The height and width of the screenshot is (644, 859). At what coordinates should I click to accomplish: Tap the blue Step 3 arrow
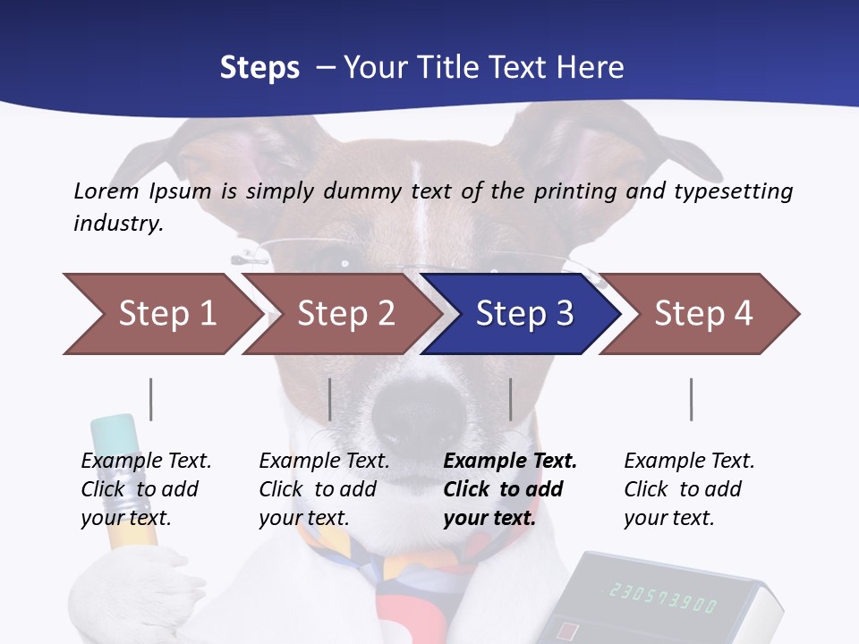coord(523,314)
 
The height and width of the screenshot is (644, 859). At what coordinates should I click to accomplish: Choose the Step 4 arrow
coord(702,314)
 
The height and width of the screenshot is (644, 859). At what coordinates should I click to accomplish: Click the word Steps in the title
coord(259,67)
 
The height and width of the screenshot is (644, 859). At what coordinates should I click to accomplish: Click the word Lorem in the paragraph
coord(106,191)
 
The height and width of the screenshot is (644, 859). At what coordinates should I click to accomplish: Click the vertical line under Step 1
coord(150,399)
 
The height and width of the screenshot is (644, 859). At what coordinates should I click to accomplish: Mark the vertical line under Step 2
coord(330,399)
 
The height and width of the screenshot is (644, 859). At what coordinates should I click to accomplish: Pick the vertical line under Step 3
coord(510,399)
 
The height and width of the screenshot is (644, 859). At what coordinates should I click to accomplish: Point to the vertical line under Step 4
coord(691,399)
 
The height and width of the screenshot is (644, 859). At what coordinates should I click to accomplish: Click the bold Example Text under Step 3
coord(510,462)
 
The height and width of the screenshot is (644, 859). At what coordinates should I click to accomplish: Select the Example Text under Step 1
coord(146,462)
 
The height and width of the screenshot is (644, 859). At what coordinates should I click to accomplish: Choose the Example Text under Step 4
coord(689,462)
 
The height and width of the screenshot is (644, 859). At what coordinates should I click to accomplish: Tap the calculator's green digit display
coord(662,597)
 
